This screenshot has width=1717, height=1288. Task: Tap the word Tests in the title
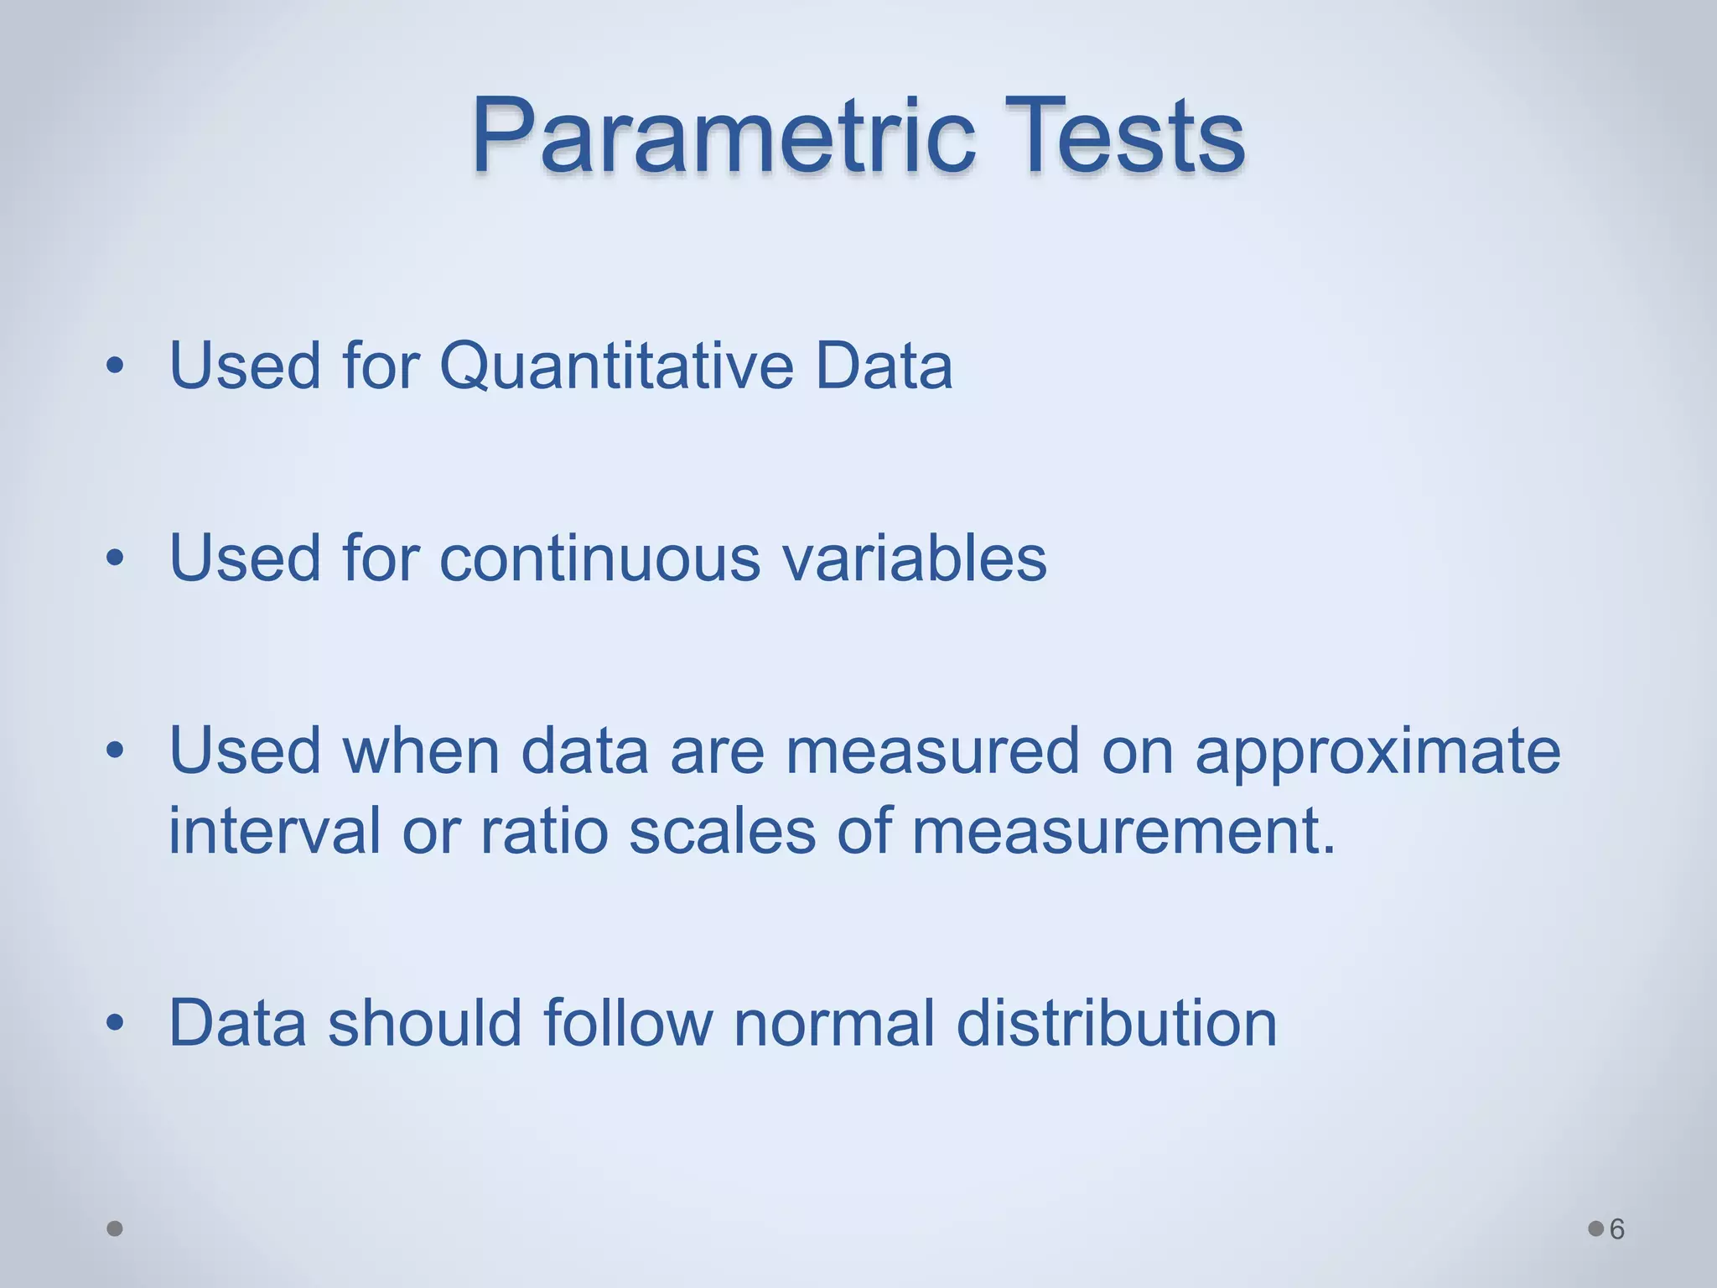point(1124,137)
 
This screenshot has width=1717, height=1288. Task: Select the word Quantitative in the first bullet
point(616,366)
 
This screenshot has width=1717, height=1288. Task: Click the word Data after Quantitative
point(884,366)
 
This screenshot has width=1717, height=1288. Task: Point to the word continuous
point(599,559)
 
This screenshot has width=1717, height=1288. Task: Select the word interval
point(275,830)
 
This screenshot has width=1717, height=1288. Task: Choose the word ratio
point(543,830)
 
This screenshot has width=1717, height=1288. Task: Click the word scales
point(722,830)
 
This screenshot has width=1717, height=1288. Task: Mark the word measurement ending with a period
point(1123,830)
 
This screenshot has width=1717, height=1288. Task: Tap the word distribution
point(1116,1023)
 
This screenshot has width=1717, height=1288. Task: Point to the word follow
point(628,1023)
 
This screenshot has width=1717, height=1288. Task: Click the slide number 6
point(1617,1229)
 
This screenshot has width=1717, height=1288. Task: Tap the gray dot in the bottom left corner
point(115,1228)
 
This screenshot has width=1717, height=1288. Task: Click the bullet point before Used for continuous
point(115,559)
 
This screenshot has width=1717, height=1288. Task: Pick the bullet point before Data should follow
point(115,1023)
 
